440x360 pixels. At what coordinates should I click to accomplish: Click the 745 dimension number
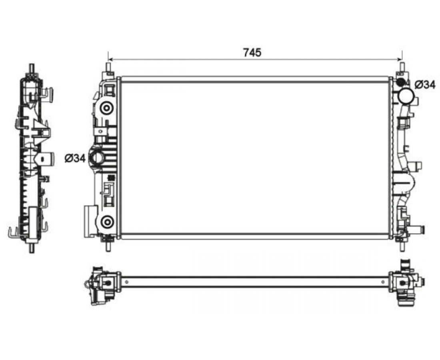coord(252,52)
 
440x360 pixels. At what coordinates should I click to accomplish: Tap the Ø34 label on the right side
coord(425,84)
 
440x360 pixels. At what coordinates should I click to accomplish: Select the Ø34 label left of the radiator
coord(75,158)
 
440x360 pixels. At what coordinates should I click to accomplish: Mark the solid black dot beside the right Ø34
coord(400,82)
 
